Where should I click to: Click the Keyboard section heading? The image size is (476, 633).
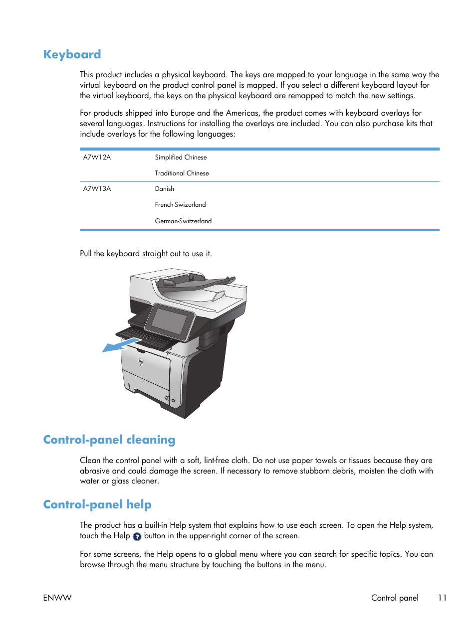72,54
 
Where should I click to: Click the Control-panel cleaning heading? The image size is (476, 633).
109,440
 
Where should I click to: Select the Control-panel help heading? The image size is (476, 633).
97,504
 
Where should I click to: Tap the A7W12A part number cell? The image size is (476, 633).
97,157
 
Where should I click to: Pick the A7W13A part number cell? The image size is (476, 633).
97,188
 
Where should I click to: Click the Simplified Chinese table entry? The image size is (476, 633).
181,157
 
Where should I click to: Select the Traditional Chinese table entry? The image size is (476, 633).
182,173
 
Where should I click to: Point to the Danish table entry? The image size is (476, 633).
164,188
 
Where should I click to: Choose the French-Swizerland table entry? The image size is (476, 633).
180,204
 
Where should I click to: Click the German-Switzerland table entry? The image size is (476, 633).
183,221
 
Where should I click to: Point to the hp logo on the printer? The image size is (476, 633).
141,362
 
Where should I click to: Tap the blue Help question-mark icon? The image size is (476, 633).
137,537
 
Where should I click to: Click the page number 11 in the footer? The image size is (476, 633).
442,598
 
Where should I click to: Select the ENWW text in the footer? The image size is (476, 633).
57,598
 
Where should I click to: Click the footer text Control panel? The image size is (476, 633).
395,598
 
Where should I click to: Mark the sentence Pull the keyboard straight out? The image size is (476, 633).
146,253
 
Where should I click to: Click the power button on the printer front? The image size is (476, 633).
173,400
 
